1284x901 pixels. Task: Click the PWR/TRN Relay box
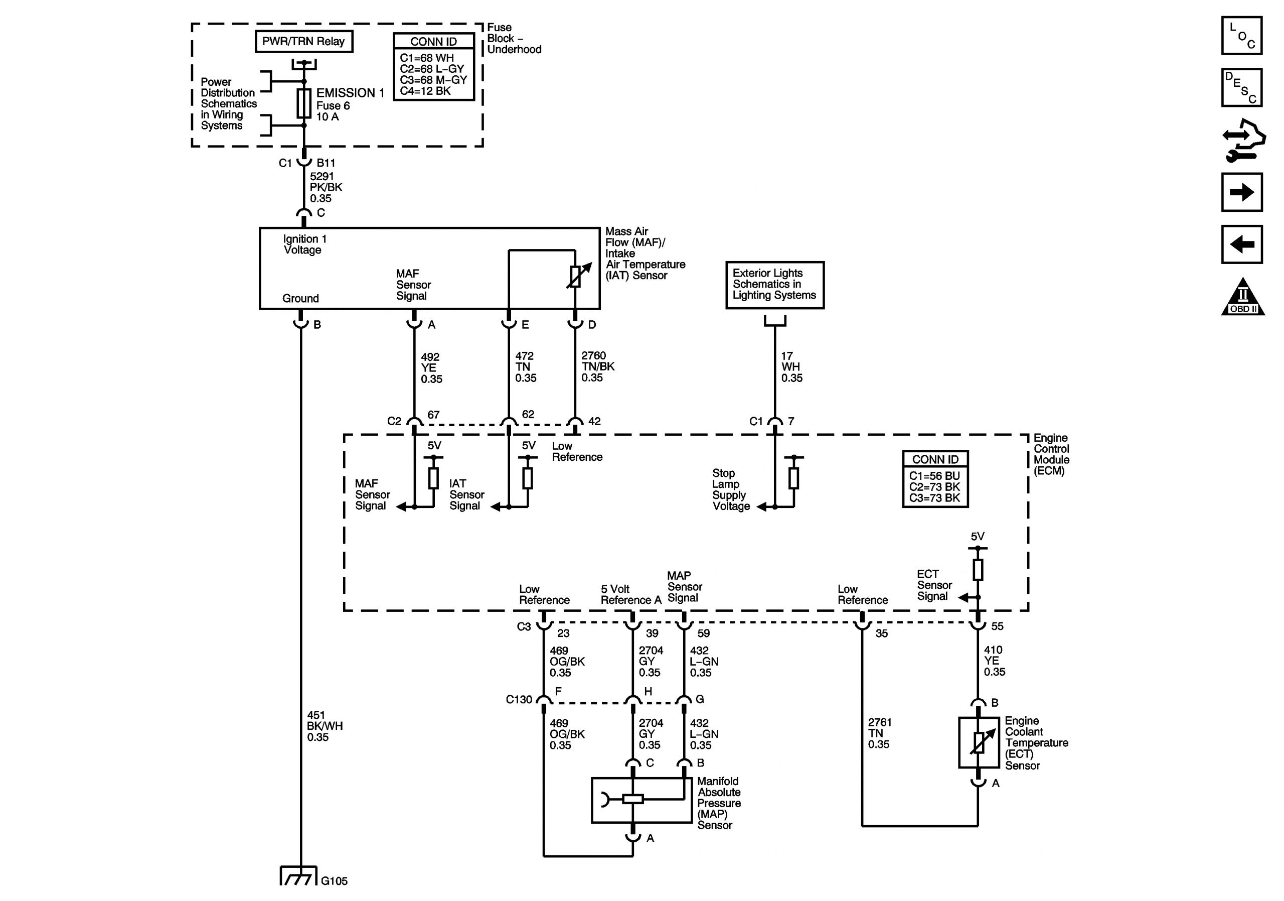click(303, 42)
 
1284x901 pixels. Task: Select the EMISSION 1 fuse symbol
click(303, 103)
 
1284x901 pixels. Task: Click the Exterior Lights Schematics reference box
click(774, 285)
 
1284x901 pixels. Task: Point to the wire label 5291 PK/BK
click(326, 187)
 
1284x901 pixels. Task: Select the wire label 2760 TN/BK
click(597, 366)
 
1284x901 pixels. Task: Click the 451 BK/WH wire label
click(325, 726)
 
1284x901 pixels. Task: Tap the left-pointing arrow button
click(1241, 244)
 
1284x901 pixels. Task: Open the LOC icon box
click(1241, 36)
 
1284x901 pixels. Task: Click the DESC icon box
click(1241, 88)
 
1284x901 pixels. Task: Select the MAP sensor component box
click(641, 800)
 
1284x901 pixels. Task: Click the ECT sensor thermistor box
click(978, 742)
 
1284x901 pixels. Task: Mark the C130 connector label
click(519, 700)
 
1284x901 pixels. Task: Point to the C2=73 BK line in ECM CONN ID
click(934, 487)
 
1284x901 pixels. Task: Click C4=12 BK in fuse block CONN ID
click(425, 91)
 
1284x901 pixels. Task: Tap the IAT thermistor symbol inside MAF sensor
click(575, 277)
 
